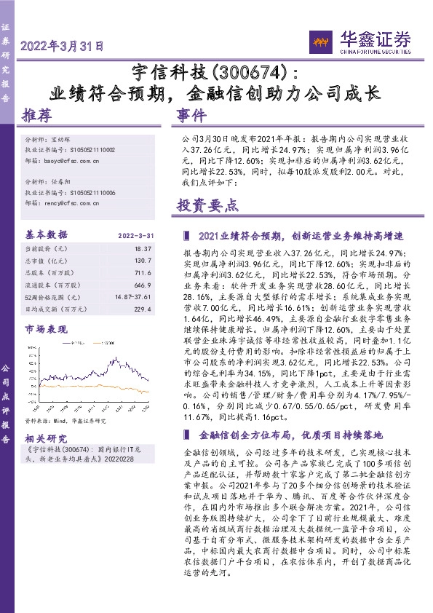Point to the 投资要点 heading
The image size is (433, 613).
pos(207,205)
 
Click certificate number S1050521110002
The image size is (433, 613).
pos(92,149)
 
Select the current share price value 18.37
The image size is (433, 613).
pos(143,248)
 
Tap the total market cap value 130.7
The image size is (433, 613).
pos(143,260)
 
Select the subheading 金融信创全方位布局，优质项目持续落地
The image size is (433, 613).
pos(290,435)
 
